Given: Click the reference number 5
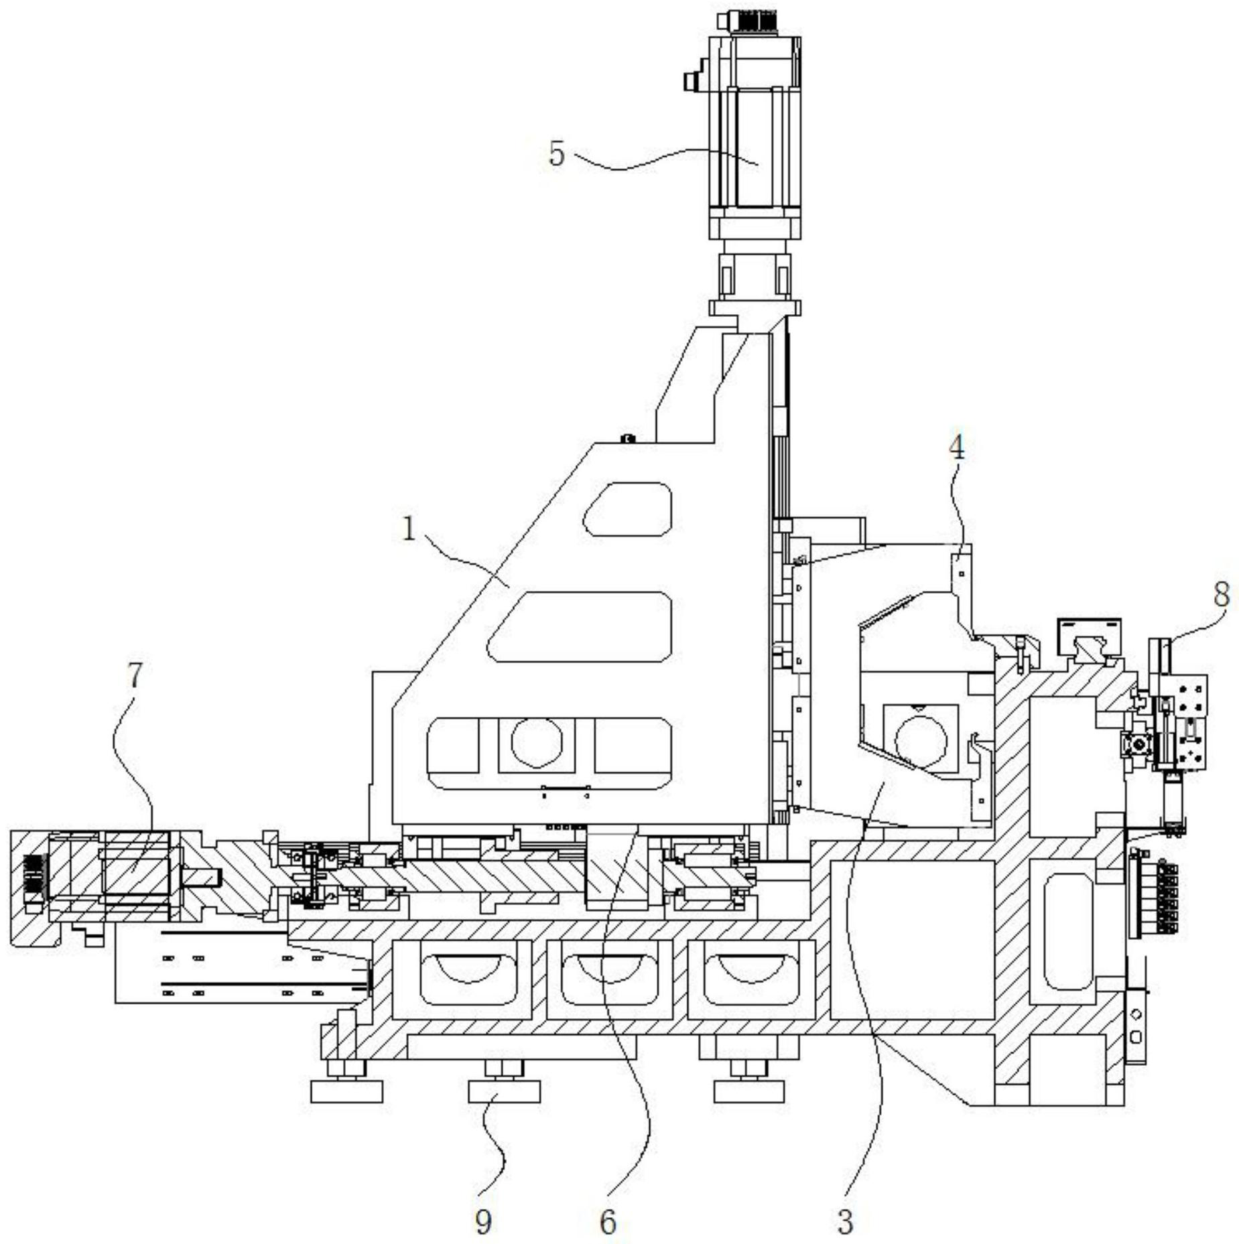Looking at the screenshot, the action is (x=557, y=155).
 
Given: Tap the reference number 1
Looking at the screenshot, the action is (x=409, y=530).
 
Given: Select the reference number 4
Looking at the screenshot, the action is (x=957, y=448).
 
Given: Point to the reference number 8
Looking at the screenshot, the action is (x=1222, y=595).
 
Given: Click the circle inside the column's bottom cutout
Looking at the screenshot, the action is (x=536, y=743).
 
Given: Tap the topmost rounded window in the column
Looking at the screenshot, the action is (x=627, y=509).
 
